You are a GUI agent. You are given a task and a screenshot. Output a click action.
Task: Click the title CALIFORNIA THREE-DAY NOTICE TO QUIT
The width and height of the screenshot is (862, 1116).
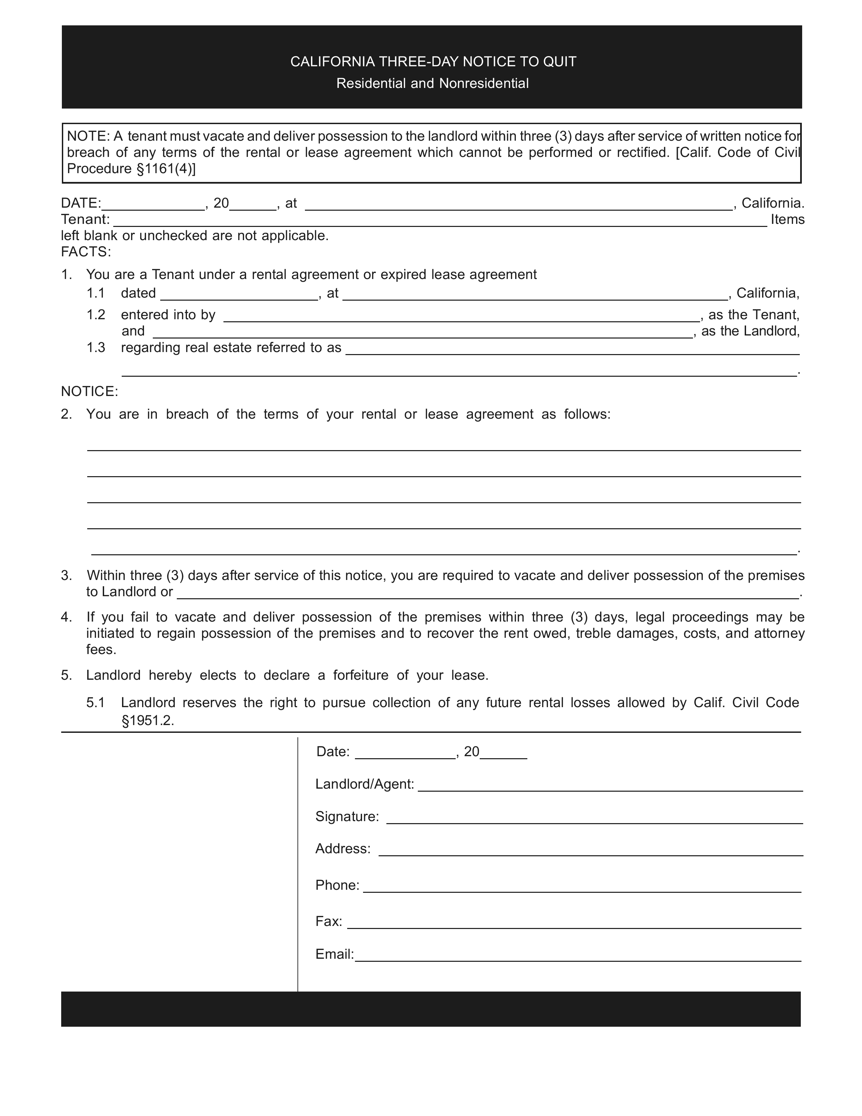433,62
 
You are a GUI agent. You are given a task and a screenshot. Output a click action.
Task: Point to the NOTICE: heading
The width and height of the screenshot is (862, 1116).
89,391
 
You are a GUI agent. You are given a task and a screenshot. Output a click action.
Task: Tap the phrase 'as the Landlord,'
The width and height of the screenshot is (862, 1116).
750,331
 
